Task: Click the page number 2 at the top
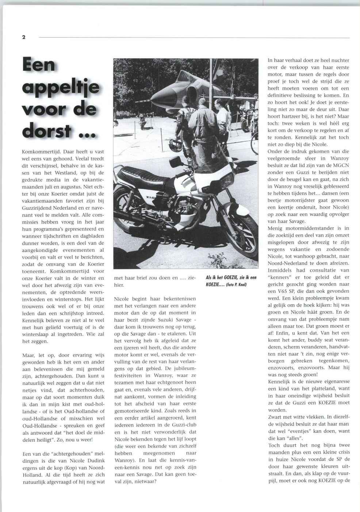24,37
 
